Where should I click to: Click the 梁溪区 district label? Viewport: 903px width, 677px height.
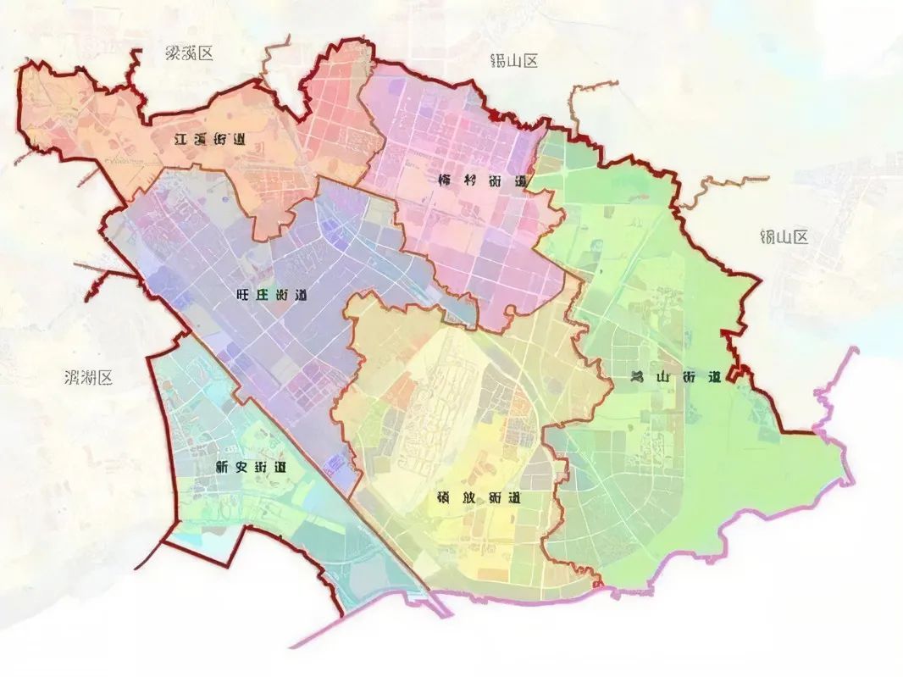tap(189, 53)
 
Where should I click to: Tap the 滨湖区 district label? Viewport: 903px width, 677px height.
tap(88, 378)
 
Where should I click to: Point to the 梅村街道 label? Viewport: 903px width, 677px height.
tap(483, 180)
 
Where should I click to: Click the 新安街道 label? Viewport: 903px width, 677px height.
tap(251, 467)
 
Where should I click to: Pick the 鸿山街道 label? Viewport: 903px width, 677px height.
tap(675, 378)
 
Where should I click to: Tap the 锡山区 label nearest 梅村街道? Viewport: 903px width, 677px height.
tap(514, 61)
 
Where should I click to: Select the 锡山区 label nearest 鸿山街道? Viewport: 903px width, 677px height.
tap(784, 236)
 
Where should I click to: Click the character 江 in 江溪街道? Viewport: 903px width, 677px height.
tap(178, 140)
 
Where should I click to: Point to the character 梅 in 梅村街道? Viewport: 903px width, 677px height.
tap(446, 180)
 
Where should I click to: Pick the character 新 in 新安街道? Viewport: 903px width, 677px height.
tap(223, 467)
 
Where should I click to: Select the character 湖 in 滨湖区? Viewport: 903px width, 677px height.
tap(88, 378)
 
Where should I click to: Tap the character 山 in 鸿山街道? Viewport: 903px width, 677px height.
tap(663, 378)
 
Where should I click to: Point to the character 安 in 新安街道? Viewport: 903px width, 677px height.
tap(241, 467)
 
